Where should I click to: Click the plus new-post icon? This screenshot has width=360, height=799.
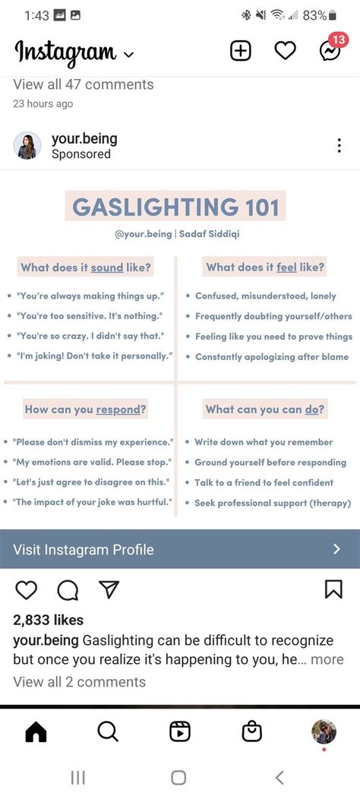click(x=240, y=51)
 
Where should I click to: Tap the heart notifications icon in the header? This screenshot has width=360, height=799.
click(x=285, y=51)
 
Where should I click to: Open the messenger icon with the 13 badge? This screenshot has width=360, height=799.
click(x=330, y=51)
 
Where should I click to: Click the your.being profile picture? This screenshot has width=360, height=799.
click(x=27, y=146)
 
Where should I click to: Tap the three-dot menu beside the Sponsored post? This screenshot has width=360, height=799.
click(x=339, y=147)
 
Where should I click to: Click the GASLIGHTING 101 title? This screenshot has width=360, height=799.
click(x=175, y=207)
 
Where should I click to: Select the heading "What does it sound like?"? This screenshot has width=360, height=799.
click(x=86, y=267)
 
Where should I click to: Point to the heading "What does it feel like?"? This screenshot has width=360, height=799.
click(x=265, y=267)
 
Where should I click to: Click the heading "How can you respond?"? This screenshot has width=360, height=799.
click(x=86, y=409)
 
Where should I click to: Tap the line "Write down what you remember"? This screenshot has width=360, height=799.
click(x=264, y=442)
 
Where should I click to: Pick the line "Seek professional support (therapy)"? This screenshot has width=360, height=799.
click(x=273, y=503)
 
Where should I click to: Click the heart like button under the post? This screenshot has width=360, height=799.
click(x=27, y=590)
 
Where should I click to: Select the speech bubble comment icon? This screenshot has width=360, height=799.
click(x=68, y=590)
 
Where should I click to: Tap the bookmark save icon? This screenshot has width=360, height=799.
click(x=333, y=589)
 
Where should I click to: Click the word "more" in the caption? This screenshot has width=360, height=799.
click(x=327, y=660)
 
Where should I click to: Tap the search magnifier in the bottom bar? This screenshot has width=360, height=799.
click(x=108, y=731)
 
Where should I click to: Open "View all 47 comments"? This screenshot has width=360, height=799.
click(x=84, y=84)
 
